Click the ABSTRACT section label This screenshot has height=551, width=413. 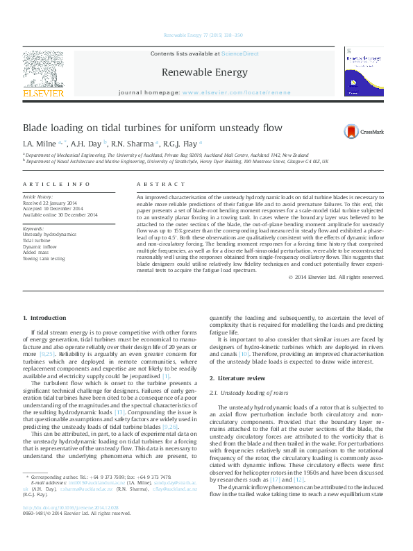point(156,184)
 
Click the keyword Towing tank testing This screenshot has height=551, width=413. point(44,258)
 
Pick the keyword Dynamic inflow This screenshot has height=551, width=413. point(39,246)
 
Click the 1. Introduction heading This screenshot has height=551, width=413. point(44,317)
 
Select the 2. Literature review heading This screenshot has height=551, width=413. point(237,378)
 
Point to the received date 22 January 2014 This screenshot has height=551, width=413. point(67,202)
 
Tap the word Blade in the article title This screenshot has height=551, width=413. point(37,128)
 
